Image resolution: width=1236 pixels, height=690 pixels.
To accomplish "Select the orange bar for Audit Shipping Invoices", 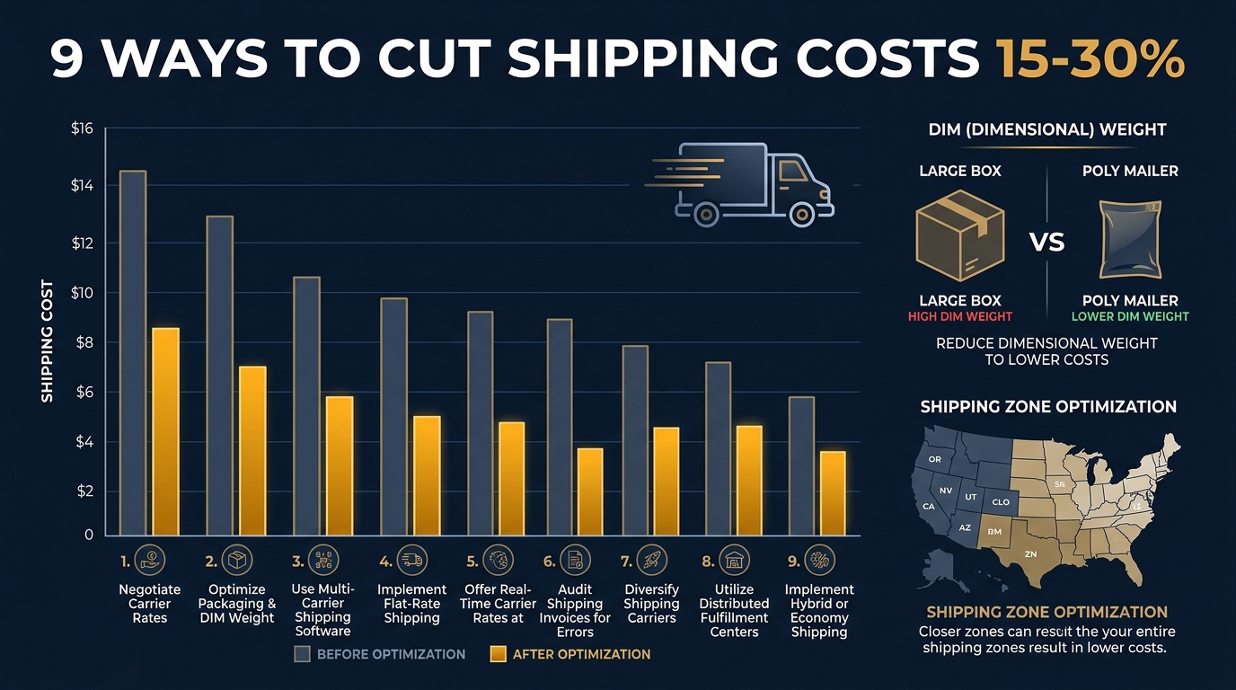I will pyautogui.click(x=589, y=491).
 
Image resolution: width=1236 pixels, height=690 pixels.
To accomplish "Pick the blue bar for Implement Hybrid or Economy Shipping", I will pyautogui.click(x=801, y=465).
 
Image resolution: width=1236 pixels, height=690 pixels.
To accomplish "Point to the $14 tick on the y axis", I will pyautogui.click(x=82, y=185).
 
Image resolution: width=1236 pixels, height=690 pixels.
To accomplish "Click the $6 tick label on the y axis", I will pyautogui.click(x=82, y=392).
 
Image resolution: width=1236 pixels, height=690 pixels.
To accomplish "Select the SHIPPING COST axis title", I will pyautogui.click(x=47, y=341).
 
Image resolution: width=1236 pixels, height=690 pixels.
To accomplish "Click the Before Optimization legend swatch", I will pyautogui.click(x=303, y=654).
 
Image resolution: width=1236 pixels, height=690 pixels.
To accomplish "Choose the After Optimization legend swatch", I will pyautogui.click(x=498, y=654).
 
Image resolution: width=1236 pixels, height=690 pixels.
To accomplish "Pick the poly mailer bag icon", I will pyautogui.click(x=1129, y=241).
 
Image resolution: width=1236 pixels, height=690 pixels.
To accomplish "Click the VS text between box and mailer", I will pyautogui.click(x=1046, y=242).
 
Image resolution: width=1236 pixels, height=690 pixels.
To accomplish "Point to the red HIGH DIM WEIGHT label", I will pyautogui.click(x=959, y=316).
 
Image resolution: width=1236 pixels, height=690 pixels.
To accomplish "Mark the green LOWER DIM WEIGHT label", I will pyautogui.click(x=1129, y=316).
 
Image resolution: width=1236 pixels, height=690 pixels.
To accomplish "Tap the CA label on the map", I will pyautogui.click(x=929, y=506).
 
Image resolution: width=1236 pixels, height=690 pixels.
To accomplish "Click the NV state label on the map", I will pyautogui.click(x=946, y=491).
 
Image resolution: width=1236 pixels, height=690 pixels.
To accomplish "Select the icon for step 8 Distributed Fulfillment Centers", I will pyautogui.click(x=735, y=562).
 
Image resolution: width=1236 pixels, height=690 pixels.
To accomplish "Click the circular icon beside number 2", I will pyautogui.click(x=237, y=562).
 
